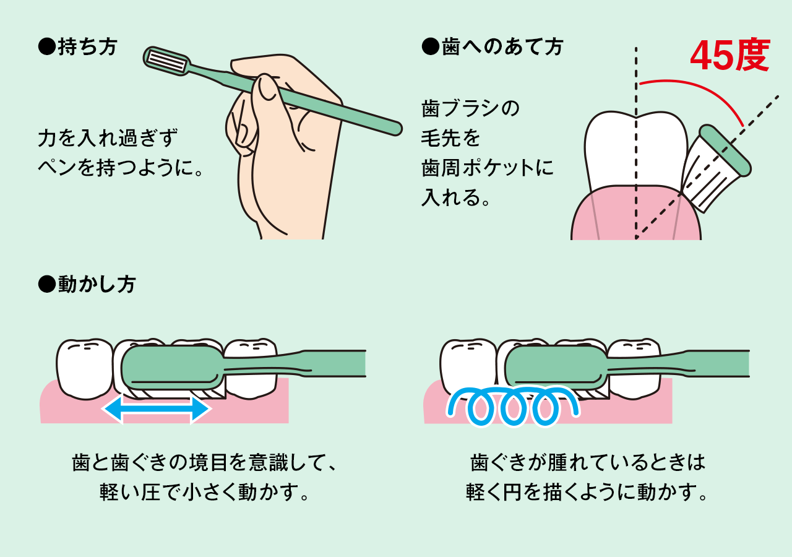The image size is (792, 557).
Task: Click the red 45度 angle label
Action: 730,55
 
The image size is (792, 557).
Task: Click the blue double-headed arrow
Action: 157,409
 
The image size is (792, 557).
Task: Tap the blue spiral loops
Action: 513,406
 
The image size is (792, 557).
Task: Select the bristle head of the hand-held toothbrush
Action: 166,61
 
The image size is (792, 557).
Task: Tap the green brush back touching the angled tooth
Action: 725,150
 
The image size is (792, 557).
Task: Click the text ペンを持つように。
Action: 120,167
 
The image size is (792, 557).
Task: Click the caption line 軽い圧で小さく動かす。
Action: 204,492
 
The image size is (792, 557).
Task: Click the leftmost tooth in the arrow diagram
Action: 84,369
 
